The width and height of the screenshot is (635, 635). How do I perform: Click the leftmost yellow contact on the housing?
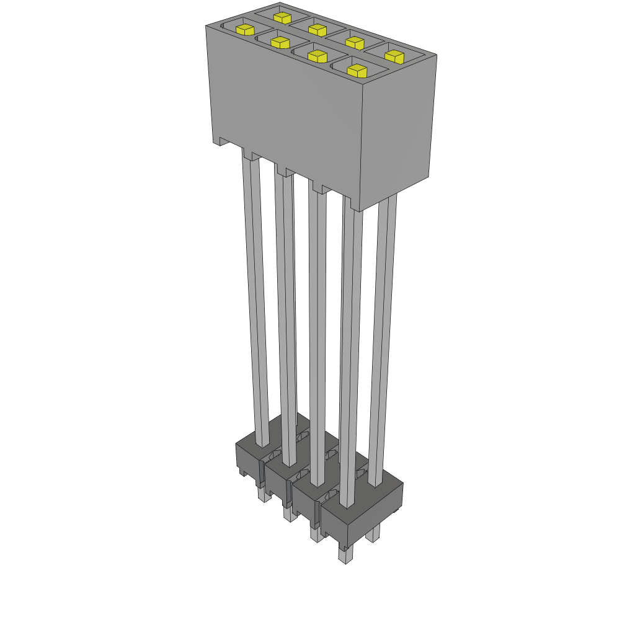(246, 29)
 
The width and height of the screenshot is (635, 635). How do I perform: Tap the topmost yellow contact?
(282, 17)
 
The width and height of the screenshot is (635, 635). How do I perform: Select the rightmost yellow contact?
(394, 56)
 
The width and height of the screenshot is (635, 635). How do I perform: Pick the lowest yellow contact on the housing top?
(357, 71)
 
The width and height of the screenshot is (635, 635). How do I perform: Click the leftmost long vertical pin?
(255, 298)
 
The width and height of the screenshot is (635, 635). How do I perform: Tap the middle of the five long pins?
(317, 335)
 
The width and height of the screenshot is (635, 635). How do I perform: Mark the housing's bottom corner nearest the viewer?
(360, 211)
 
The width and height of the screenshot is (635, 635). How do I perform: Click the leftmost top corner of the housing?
(206, 26)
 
